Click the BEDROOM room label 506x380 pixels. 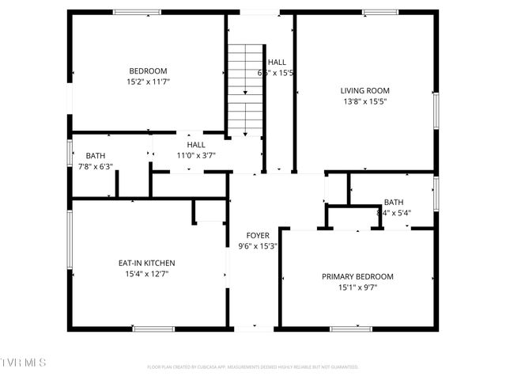click(148, 70)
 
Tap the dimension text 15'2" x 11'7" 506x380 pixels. click(148, 81)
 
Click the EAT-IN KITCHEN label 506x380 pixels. click(146, 263)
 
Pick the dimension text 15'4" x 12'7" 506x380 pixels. click(146, 274)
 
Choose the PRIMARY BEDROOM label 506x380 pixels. click(357, 276)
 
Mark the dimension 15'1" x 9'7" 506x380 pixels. click(357, 287)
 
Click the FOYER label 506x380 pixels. click(258, 235)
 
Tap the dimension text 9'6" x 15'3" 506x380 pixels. click(258, 246)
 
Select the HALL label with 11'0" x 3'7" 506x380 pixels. click(196, 145)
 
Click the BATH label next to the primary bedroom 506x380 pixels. click(394, 202)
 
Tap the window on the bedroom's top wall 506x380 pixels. click(137, 12)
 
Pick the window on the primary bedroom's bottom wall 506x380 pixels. click(350, 328)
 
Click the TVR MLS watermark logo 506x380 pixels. click(24, 363)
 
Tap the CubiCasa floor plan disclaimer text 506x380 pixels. click(253, 367)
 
